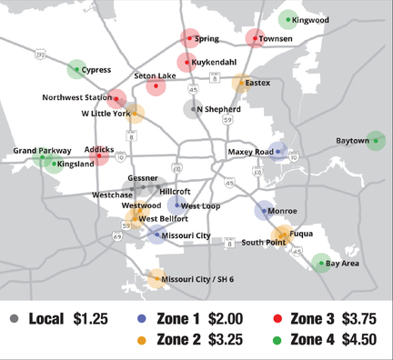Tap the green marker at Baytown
pyautogui.click(x=374, y=141)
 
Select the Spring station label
pyautogui.click(x=207, y=39)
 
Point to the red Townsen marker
pyautogui.click(x=256, y=39)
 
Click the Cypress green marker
pyautogui.click(x=77, y=69)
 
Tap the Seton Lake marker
pyautogui.click(x=155, y=87)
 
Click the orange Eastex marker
pyautogui.click(x=242, y=84)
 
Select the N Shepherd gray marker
pyautogui.click(x=192, y=109)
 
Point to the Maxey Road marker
pyautogui.click(x=279, y=152)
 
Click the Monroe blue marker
pyautogui.click(x=264, y=211)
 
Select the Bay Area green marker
pyautogui.click(x=320, y=264)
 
